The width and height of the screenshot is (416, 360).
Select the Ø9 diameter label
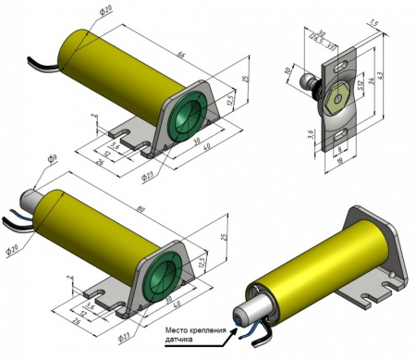pos(53,160)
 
